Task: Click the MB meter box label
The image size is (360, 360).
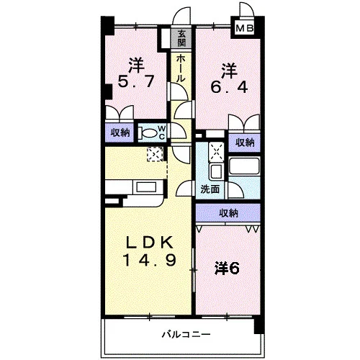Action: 245,29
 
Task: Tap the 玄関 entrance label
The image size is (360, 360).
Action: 181,38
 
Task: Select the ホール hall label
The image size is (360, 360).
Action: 181,68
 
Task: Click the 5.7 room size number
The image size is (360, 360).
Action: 135,81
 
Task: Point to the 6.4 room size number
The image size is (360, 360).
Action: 229,87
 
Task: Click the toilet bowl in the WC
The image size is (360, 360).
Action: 149,133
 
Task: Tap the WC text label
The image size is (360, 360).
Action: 162,132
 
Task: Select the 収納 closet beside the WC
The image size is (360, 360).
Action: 120,132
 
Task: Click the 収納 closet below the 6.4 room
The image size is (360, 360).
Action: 244,143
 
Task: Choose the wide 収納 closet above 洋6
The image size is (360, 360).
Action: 228,213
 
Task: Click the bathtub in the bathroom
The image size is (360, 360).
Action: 244,166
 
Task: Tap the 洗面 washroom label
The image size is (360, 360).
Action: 210,189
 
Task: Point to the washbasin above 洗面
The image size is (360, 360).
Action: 216,171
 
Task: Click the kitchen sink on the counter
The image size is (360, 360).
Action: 146,186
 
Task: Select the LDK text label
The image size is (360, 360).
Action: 150,243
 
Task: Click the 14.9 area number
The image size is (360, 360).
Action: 150,260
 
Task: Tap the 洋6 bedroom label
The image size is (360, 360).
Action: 227,269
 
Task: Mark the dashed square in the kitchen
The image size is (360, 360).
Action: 155,154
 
